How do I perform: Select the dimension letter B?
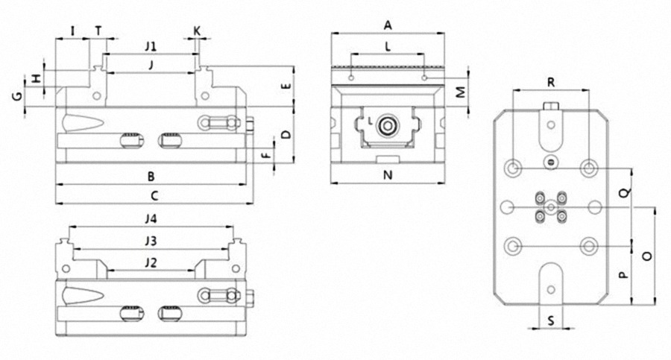151,177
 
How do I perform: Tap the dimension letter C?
154,196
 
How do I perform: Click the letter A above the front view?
388,25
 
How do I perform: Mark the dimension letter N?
388,177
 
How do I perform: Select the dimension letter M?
461,92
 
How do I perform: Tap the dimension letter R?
550,81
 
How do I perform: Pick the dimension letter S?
550,321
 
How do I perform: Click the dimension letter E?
285,86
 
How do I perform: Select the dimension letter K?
197,31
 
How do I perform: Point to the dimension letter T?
98,31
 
